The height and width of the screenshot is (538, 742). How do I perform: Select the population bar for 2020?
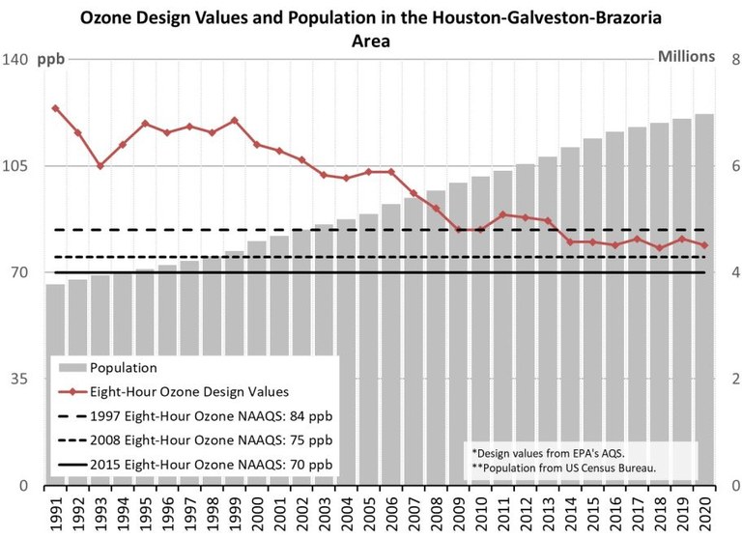[704, 299]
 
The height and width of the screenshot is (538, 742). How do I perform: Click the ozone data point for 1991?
[55, 108]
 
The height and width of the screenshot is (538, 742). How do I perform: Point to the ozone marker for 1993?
[100, 166]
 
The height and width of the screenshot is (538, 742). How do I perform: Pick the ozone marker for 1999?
[235, 121]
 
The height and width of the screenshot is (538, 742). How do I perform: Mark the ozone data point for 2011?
[502, 214]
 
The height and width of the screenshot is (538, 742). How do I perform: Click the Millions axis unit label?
[686, 56]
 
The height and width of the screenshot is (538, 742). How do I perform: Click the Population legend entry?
[123, 368]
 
